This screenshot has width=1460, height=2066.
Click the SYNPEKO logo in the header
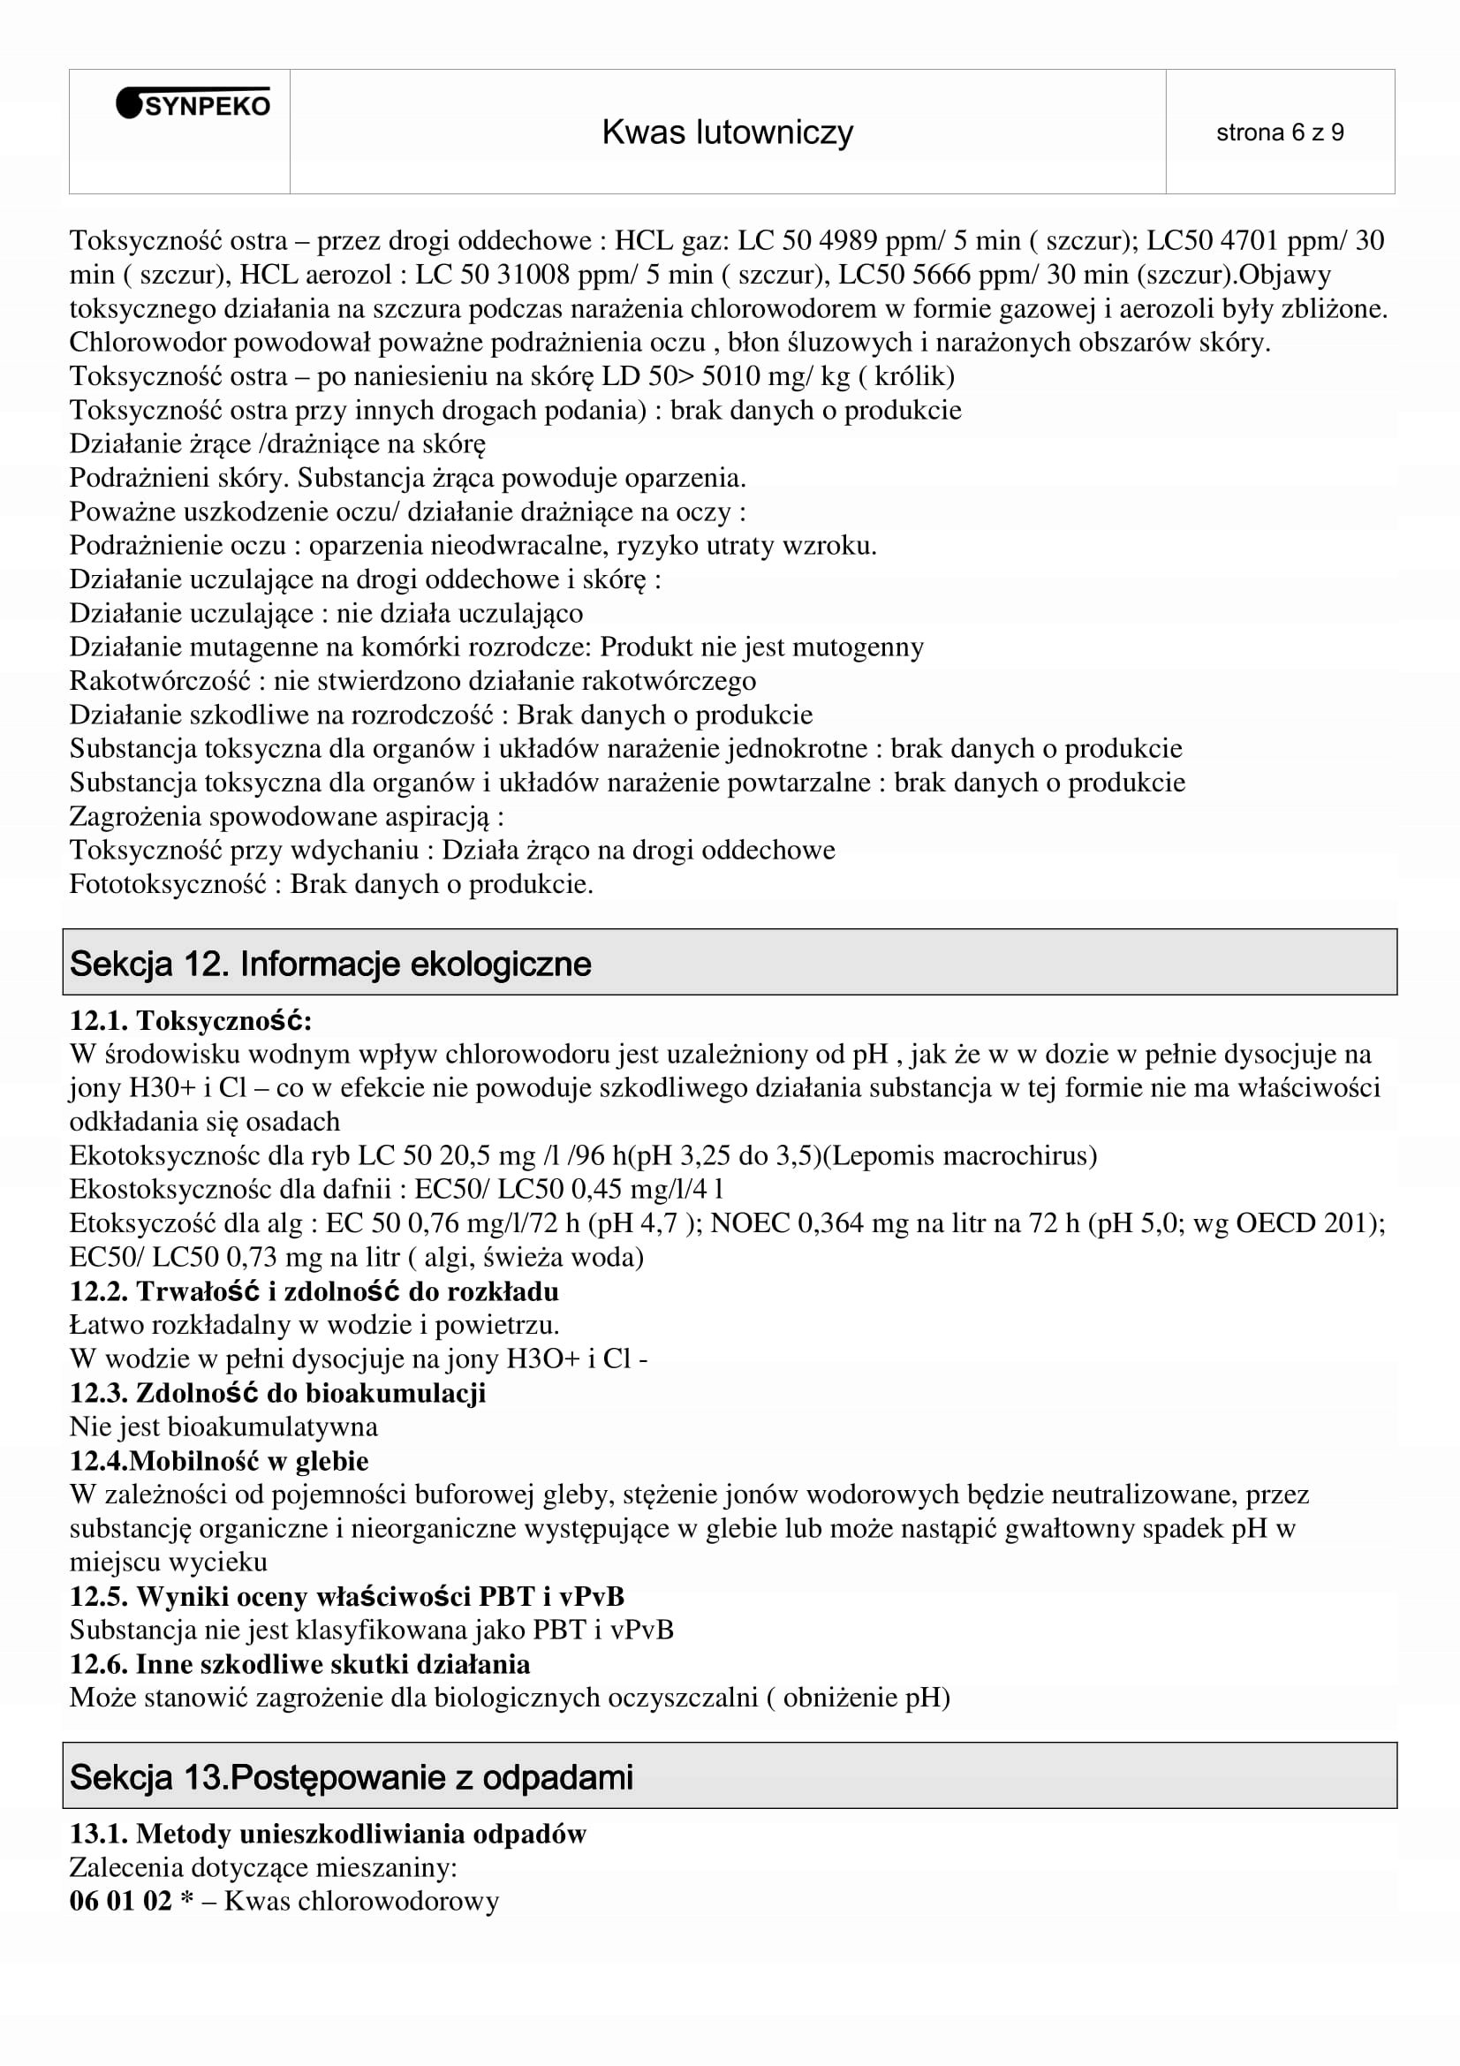[x=193, y=105]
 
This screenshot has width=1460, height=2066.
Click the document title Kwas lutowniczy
[x=727, y=132]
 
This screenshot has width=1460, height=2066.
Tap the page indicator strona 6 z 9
[x=1279, y=133]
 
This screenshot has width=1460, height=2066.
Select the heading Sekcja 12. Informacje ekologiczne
[x=330, y=964]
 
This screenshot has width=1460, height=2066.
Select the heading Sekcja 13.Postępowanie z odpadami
[x=351, y=1777]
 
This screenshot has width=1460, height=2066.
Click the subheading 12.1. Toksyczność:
[x=191, y=1020]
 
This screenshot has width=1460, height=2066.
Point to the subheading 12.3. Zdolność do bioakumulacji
[x=277, y=1393]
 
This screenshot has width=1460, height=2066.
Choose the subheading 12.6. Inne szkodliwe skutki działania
[x=299, y=1664]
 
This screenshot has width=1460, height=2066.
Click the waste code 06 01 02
[x=120, y=1901]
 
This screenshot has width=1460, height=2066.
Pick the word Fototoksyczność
[x=167, y=884]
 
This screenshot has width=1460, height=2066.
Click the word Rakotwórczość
[x=159, y=681]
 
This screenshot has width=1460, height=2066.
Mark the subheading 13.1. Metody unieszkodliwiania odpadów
[x=328, y=1834]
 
